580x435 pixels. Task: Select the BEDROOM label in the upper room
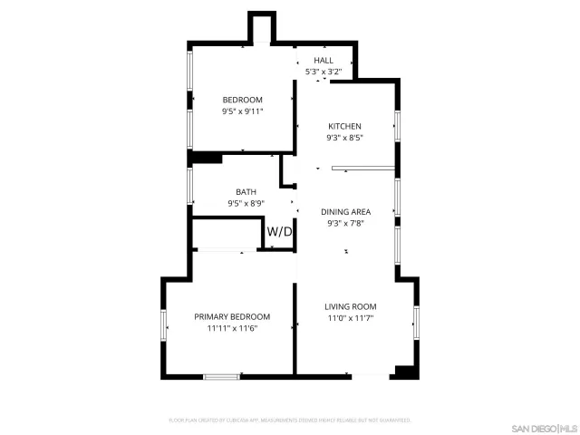point(243,100)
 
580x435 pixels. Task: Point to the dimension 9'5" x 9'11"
point(243,111)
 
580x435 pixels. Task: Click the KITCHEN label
point(344,126)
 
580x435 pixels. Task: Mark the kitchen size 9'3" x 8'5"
point(344,139)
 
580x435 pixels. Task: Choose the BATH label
point(246,191)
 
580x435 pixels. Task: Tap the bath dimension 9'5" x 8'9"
point(246,203)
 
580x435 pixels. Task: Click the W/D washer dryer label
point(280,232)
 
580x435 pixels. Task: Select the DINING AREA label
point(345,211)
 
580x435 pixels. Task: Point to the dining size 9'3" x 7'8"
point(345,224)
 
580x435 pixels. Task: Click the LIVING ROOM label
point(351,306)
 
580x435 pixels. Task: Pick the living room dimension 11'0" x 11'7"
point(351,318)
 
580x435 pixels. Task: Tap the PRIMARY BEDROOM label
point(233,316)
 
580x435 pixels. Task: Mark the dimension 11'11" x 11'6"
point(233,328)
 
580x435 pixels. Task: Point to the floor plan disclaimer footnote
point(290,420)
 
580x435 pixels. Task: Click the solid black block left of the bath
point(206,159)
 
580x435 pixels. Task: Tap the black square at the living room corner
point(404,372)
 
